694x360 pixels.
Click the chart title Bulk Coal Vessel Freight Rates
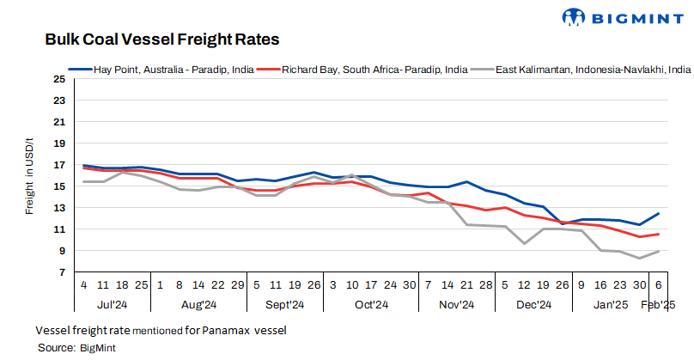[x=161, y=40]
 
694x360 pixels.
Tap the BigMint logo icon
[x=575, y=16]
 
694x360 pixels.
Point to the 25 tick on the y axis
[x=59, y=79]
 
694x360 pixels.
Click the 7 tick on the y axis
[x=62, y=272]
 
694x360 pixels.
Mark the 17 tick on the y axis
[x=59, y=165]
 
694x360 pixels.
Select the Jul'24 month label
[x=113, y=304]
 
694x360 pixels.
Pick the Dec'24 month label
[x=533, y=304]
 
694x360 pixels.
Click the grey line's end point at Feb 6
[x=659, y=251]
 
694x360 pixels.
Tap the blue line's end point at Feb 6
[x=659, y=213]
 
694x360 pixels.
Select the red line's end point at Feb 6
[x=659, y=234]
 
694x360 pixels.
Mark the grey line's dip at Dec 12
[x=524, y=244]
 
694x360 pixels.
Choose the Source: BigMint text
[x=76, y=347]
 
